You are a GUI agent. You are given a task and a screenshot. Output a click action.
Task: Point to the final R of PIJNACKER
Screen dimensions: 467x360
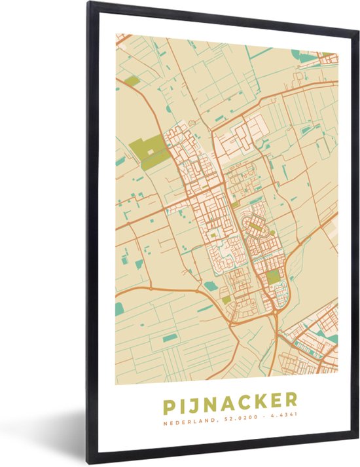291,400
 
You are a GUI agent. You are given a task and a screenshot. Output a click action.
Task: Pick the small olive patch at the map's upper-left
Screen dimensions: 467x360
132,81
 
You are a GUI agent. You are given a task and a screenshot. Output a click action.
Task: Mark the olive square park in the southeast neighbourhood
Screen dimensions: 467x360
272,278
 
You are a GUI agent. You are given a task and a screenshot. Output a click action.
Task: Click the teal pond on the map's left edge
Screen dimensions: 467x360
119,308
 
